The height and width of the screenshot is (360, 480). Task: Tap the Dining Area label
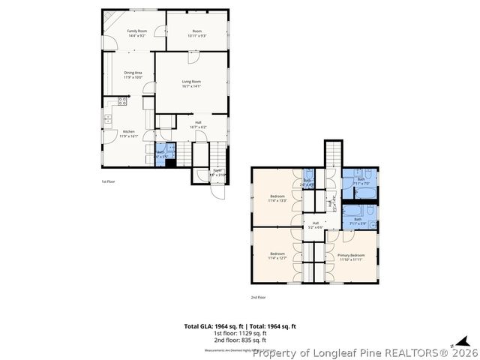click(133, 74)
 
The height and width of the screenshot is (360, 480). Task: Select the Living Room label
click(191, 83)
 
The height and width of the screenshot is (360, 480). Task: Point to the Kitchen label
click(129, 134)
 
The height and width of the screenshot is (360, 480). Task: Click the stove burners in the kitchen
click(122, 101)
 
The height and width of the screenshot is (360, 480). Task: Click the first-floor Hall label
click(198, 125)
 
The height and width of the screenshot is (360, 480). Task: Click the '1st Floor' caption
click(109, 181)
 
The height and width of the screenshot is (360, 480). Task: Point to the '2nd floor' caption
click(258, 297)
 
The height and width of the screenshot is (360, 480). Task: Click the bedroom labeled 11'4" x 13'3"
click(277, 199)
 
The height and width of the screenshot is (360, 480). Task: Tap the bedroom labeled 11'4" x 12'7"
click(277, 255)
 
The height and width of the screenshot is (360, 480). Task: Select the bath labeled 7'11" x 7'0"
click(361, 181)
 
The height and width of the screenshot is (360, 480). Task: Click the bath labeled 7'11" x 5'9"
click(358, 220)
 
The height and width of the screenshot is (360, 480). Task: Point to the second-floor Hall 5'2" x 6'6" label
click(316, 224)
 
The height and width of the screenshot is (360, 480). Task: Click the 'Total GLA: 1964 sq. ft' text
click(210, 326)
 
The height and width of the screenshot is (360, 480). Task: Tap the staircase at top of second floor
click(333, 153)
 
